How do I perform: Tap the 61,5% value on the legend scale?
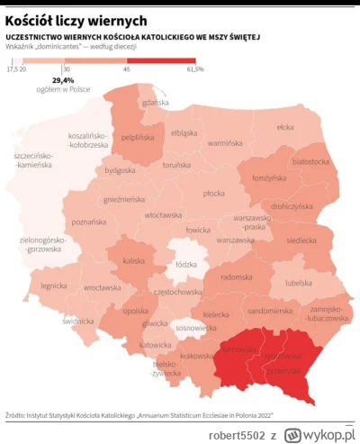point(195,68)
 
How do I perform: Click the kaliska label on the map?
point(134,260)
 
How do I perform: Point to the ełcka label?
point(285,127)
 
